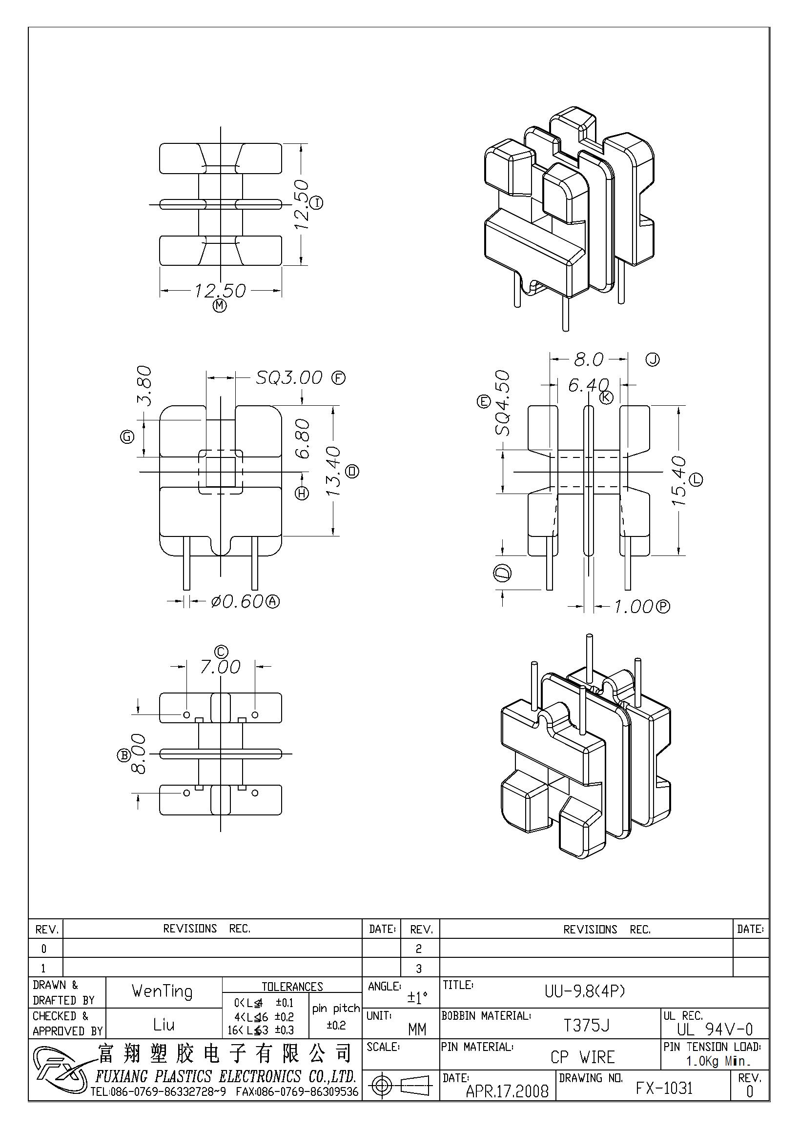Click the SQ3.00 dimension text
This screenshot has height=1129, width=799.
(289, 377)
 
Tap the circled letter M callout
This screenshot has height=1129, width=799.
(220, 306)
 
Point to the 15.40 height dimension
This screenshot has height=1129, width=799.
(679, 480)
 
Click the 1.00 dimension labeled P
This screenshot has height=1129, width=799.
(633, 607)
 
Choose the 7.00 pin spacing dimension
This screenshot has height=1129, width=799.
(220, 667)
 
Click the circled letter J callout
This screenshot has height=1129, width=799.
(653, 360)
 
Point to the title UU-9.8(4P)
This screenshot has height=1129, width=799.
(585, 991)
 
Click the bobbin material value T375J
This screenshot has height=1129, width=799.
(586, 1026)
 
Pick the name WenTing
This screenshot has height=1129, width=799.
(162, 991)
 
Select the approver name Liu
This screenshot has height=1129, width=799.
(164, 1025)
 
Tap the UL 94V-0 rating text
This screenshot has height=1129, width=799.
(715, 1029)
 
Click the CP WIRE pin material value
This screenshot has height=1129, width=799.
(583, 1057)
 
